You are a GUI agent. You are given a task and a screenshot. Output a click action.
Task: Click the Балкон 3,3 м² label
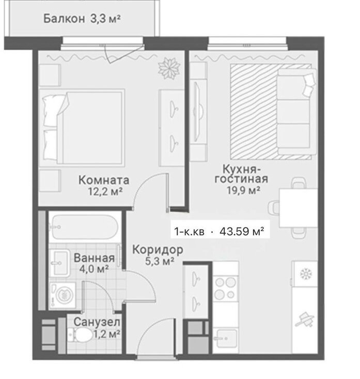[82, 19]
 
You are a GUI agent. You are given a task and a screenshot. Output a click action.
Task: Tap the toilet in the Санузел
[81, 335]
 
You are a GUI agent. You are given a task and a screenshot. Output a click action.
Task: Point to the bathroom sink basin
[59, 263]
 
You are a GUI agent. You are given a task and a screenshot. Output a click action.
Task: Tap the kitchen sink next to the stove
[225, 338]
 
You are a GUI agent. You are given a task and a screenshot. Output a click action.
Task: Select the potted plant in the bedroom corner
[169, 68]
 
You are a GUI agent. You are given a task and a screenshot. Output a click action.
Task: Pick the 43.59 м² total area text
[241, 232]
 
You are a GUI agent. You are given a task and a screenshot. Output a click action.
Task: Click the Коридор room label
[158, 250]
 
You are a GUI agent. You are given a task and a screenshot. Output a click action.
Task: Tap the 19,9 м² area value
[243, 190]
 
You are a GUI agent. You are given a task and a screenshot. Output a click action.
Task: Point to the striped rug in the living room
[254, 112]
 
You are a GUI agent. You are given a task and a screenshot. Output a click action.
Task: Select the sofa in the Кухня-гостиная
[296, 112]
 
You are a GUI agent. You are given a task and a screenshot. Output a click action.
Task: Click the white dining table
[299, 208]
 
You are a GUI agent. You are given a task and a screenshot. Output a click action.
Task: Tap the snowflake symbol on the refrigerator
[306, 274]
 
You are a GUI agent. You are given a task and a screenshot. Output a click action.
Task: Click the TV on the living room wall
[198, 112]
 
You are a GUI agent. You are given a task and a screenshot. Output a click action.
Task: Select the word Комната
[104, 180]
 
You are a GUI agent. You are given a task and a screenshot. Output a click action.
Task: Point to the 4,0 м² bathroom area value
[95, 268]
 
